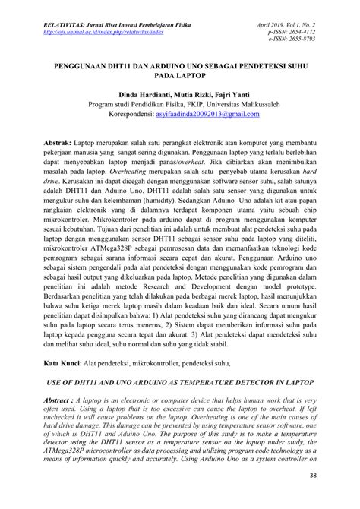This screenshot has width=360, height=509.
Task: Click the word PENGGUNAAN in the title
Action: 82,65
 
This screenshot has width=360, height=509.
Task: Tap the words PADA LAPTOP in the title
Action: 180,76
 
